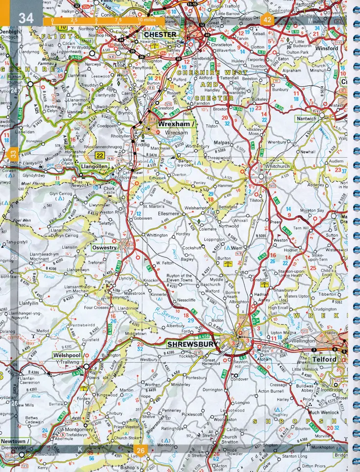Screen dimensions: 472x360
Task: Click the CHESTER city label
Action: (160, 35)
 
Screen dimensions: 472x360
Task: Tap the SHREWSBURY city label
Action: (192, 345)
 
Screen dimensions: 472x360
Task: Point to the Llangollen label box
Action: (95, 166)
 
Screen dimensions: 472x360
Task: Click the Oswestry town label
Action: (104, 248)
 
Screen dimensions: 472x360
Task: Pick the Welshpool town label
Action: (66, 355)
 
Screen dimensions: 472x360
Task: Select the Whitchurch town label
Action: (277, 166)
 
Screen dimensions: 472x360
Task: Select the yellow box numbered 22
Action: (100, 155)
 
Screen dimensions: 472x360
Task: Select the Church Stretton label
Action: (229, 439)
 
